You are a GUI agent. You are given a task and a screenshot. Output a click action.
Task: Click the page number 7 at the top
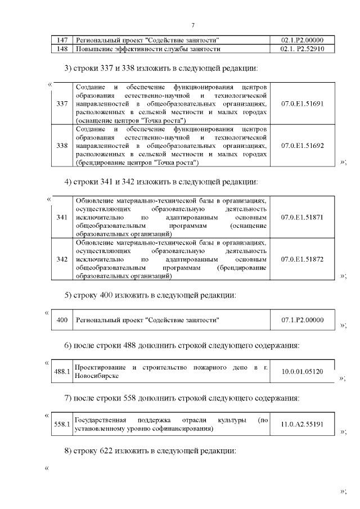click(193, 25)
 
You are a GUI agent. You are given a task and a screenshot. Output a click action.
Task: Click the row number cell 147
click(62, 40)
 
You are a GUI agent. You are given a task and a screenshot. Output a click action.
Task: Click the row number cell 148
click(62, 49)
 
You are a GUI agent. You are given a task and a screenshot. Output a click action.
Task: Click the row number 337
click(62, 104)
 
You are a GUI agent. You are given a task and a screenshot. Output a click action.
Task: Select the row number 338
click(62, 146)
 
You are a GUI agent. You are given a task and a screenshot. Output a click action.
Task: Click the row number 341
click(62, 217)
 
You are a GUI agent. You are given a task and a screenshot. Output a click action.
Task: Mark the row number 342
click(62, 259)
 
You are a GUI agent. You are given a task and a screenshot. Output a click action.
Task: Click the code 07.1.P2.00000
click(302, 320)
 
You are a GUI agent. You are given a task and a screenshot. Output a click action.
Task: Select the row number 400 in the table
click(62, 320)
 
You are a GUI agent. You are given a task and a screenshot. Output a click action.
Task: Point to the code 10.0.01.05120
click(302, 372)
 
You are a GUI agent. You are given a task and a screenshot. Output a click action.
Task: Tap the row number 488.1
click(61, 372)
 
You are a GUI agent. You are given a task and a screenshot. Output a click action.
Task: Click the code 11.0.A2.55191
click(302, 424)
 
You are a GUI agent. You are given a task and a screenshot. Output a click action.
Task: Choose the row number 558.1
click(61, 424)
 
